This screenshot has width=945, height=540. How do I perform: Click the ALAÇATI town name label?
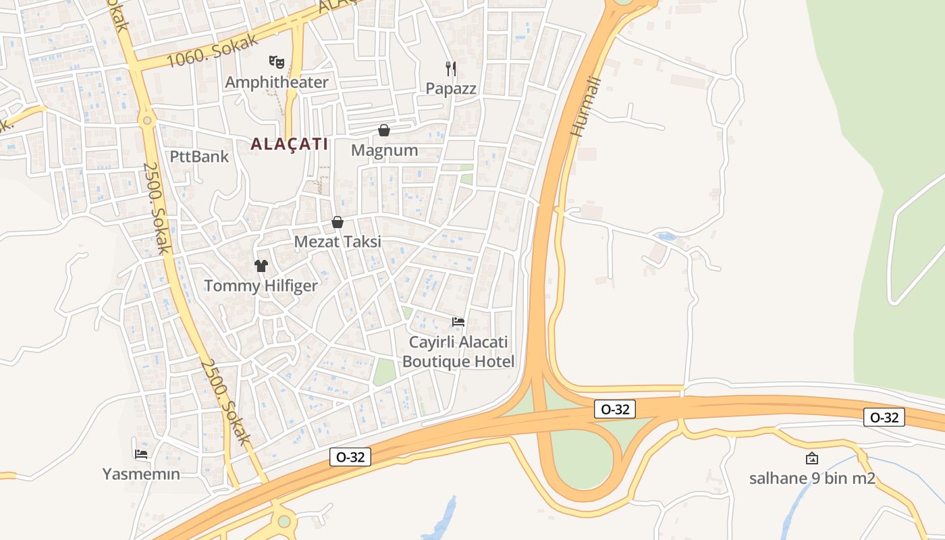(x=289, y=144)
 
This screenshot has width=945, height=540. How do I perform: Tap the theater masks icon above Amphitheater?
(x=277, y=62)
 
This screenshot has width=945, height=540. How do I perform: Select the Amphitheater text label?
(x=277, y=82)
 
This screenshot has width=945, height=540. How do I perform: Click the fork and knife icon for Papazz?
(x=451, y=68)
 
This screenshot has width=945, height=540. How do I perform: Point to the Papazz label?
(x=451, y=88)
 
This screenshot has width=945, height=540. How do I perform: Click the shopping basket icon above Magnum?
(x=384, y=130)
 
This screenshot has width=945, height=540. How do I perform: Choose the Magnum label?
(x=385, y=150)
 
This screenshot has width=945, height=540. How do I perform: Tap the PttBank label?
(x=199, y=157)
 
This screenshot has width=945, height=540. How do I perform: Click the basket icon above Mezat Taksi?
(x=337, y=222)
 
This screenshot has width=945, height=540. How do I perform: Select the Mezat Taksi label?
(x=337, y=242)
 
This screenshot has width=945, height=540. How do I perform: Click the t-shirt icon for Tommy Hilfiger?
(x=261, y=266)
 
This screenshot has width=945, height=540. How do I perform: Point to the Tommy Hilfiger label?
(x=261, y=286)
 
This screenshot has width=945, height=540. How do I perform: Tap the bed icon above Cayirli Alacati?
(x=458, y=321)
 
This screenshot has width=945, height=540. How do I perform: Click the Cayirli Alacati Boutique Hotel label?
(x=458, y=352)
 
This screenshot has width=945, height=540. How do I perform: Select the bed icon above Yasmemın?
(x=141, y=454)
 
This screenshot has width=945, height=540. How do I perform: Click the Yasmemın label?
(x=141, y=474)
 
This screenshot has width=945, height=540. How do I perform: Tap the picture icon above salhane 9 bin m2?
(x=812, y=459)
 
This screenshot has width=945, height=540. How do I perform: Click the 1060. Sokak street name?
(x=213, y=51)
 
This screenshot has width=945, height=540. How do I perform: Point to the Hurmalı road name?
(x=585, y=106)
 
